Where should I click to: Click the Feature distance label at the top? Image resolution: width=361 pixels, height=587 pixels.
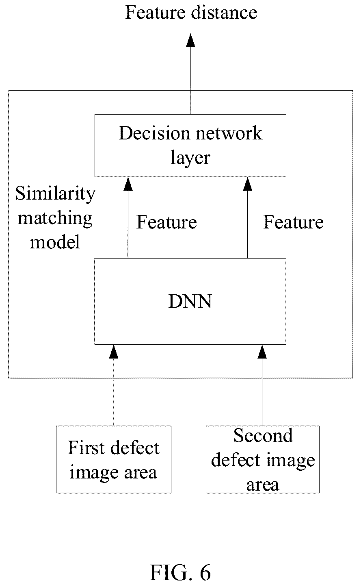(191, 12)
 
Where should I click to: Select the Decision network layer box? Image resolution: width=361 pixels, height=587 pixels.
(190, 146)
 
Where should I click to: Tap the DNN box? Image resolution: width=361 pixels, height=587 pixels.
(190, 301)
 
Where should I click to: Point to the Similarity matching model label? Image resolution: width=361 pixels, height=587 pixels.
(55, 217)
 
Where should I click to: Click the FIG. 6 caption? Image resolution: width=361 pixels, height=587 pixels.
(180, 573)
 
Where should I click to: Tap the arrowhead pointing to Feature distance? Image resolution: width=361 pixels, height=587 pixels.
(190, 40)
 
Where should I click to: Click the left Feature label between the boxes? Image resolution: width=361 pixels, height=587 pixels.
(166, 222)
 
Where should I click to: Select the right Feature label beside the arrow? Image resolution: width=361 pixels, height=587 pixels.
(294, 222)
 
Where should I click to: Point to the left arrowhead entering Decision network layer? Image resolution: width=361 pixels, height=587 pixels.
(128, 184)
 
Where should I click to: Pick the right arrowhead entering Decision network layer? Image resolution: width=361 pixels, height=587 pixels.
(248, 184)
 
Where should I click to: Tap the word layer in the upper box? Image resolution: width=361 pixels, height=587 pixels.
(190, 158)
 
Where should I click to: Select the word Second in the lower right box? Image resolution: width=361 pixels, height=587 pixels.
(263, 435)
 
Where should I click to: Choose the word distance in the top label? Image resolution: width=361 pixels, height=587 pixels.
(224, 12)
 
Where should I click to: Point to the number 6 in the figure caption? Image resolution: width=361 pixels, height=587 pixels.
(205, 573)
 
